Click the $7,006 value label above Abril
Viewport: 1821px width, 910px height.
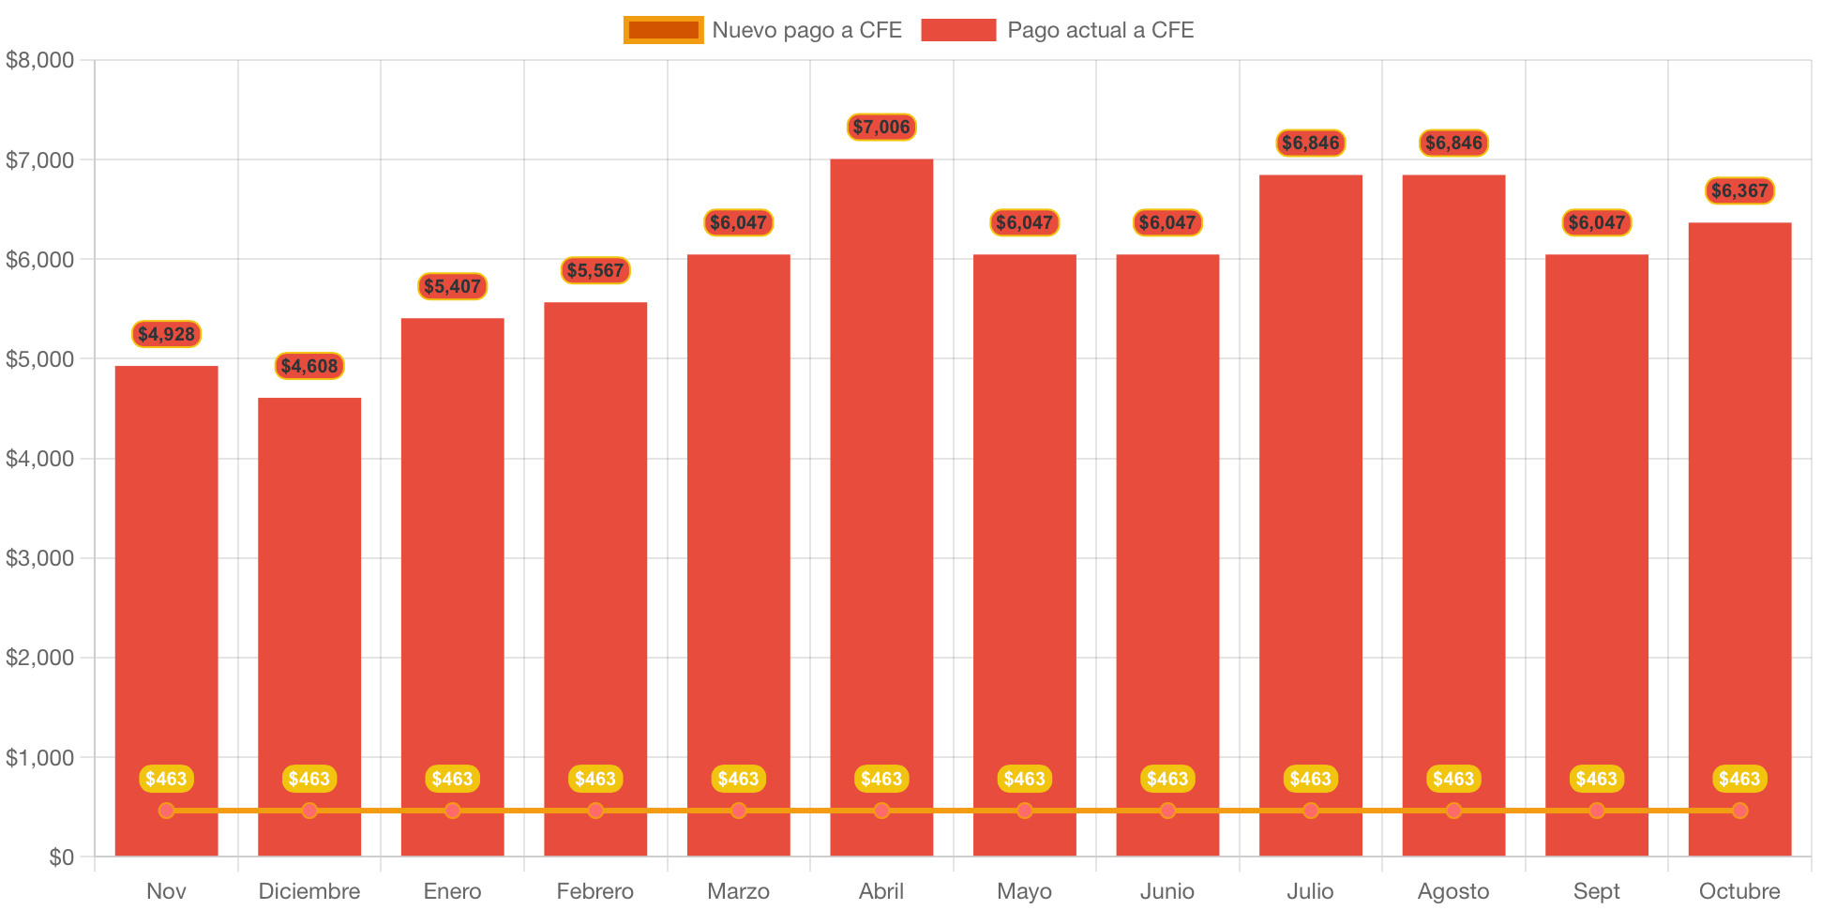(x=881, y=127)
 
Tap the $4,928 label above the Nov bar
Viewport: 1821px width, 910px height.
(x=166, y=334)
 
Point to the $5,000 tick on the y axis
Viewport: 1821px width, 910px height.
(x=39, y=359)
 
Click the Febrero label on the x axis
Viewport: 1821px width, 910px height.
(x=595, y=890)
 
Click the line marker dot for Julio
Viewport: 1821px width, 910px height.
(x=1311, y=811)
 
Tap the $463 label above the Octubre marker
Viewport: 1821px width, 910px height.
(x=1739, y=779)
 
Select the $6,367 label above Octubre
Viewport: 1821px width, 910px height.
(x=1739, y=190)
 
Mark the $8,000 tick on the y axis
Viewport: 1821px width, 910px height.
(x=39, y=60)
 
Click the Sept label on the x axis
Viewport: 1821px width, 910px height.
(x=1596, y=890)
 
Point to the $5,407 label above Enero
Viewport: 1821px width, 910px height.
(x=452, y=286)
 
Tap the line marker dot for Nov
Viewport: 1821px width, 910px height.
(x=166, y=811)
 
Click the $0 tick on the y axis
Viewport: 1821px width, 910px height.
(x=61, y=857)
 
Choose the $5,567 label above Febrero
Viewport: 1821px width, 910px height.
(x=595, y=270)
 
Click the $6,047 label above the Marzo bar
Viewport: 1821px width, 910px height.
(x=738, y=222)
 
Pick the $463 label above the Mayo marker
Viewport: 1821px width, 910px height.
(x=1024, y=779)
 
